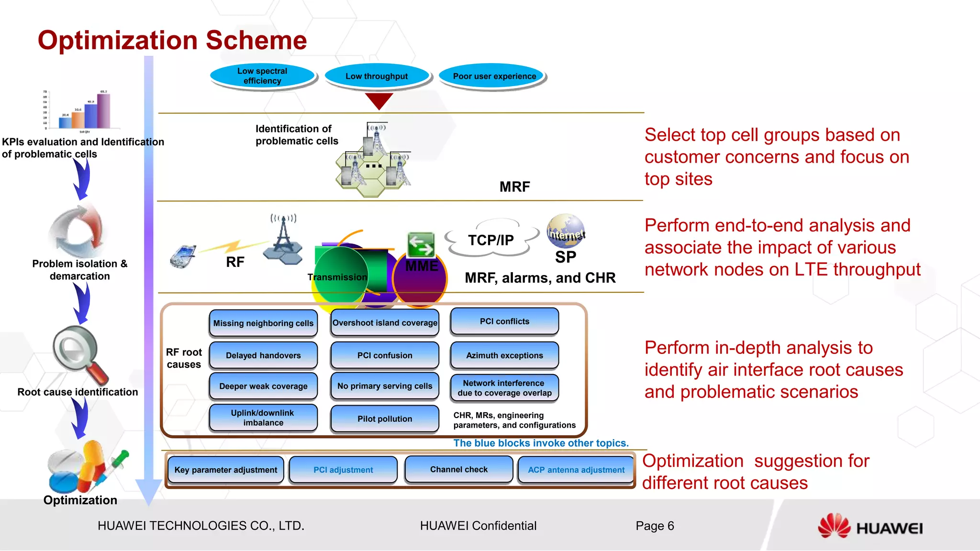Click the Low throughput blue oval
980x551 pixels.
point(377,76)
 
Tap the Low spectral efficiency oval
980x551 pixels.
point(262,76)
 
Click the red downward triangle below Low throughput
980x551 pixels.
point(379,100)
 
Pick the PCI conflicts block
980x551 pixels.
point(504,321)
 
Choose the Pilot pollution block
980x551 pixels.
point(384,419)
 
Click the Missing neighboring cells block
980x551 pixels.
point(263,323)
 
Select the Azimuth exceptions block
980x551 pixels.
point(504,355)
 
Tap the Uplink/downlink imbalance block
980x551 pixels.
point(263,418)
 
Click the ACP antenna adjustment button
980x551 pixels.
point(576,470)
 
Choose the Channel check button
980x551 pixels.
point(458,469)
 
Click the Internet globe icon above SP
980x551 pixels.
point(566,231)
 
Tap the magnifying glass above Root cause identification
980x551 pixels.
point(79,354)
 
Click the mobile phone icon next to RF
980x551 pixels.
point(183,256)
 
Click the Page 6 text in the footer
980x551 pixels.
point(654,526)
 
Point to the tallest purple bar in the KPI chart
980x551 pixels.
point(103,110)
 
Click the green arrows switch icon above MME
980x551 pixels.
point(421,245)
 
